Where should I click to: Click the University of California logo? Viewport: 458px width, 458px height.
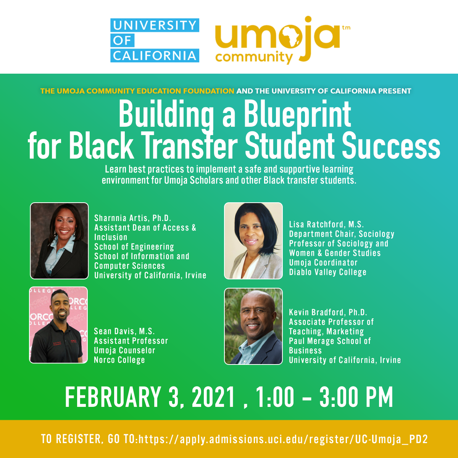coord(155,40)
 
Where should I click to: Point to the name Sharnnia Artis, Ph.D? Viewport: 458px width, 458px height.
coord(133,218)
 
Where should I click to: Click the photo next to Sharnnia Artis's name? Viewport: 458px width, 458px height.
coord(59,240)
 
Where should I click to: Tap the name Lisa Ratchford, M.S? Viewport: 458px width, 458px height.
coord(326,224)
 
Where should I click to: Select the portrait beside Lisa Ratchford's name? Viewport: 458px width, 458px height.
coord(253,240)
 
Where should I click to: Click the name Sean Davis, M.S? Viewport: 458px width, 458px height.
coord(124,331)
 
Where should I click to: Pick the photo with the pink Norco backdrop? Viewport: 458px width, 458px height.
coord(58,325)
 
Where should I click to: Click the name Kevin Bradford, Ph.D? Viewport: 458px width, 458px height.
coord(328,312)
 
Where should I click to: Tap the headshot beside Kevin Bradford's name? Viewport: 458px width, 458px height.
coord(253,326)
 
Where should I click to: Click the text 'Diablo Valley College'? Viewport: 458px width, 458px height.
coord(327,272)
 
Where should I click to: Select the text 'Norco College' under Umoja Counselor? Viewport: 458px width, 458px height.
coord(119,360)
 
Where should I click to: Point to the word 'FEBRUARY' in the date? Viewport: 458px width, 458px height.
coord(113,397)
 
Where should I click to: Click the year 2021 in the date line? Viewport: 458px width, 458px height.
coord(214,397)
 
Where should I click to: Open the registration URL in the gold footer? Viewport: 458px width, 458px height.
coord(283,439)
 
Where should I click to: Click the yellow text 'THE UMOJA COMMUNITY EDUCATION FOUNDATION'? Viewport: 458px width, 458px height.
coord(137,91)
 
